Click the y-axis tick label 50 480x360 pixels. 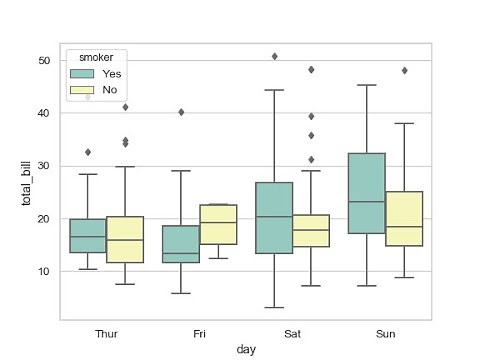click(44, 61)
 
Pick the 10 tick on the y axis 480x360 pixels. click(44, 272)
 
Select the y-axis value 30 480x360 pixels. click(44, 166)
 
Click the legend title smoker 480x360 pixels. click(96, 57)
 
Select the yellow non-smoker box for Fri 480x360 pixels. click(218, 224)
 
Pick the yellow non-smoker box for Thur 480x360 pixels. click(125, 240)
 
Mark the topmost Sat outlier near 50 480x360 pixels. click(274, 56)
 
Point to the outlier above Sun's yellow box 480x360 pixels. click(404, 71)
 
